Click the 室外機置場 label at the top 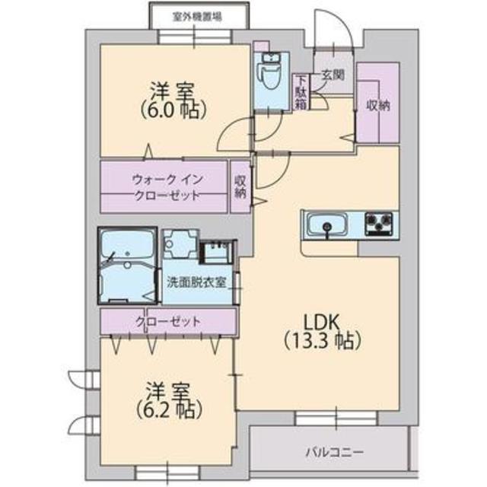198,15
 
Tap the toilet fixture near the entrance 269,72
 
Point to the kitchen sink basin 327,225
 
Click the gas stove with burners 378,224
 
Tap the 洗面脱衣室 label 196,279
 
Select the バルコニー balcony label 335,452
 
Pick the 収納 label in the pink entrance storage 377,105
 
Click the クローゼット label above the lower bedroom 168,321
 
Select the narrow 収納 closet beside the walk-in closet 240,186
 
